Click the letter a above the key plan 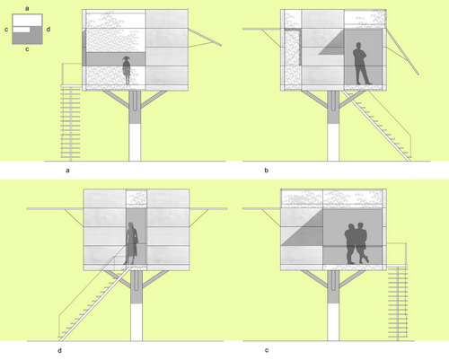pos(27,9)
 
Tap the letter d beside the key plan pos(48,30)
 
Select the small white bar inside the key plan pos(22,30)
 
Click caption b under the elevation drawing pos(267,171)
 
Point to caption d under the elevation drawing pos(59,350)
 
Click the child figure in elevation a pos(127,70)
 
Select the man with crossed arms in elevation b pos(361,64)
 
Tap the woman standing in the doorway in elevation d pos(131,243)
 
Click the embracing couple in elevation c pos(357,243)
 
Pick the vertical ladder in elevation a pos(71,122)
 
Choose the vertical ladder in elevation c pos(398,303)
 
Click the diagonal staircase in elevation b pos(376,126)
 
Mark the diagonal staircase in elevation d pos(95,303)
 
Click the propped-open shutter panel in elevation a pos(205,38)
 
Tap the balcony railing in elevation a pos(72,74)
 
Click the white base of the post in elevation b pos(333,143)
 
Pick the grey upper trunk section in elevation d pos(136,287)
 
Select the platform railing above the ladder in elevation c pos(396,254)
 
